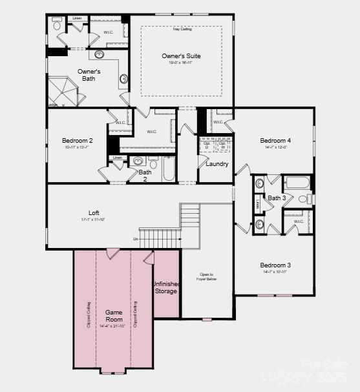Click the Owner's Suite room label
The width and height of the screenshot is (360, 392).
coord(181,56)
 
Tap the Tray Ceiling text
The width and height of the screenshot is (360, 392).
coord(181,29)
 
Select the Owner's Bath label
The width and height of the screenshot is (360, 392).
coord(89,75)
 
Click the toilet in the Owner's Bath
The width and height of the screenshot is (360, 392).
coord(57,25)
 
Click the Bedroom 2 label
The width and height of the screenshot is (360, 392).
coord(78,141)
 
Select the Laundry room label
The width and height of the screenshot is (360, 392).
coord(217,164)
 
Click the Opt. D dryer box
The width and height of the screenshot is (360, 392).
coord(207,145)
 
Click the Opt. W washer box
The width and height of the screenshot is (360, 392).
coord(222,145)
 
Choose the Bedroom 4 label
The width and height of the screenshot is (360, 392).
coord(275,141)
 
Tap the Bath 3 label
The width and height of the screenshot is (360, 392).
coord(277,198)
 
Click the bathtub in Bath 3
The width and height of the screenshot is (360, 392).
coord(297,183)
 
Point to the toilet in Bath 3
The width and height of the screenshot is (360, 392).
coord(304,198)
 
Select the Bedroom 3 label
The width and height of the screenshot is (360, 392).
coord(275,265)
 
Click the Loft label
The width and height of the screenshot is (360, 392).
coord(94,213)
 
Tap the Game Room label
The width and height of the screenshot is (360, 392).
coord(114,315)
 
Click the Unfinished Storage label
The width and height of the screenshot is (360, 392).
coord(165,287)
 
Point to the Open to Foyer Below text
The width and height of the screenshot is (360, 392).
coord(207,276)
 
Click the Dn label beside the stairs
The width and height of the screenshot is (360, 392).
coord(136,239)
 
